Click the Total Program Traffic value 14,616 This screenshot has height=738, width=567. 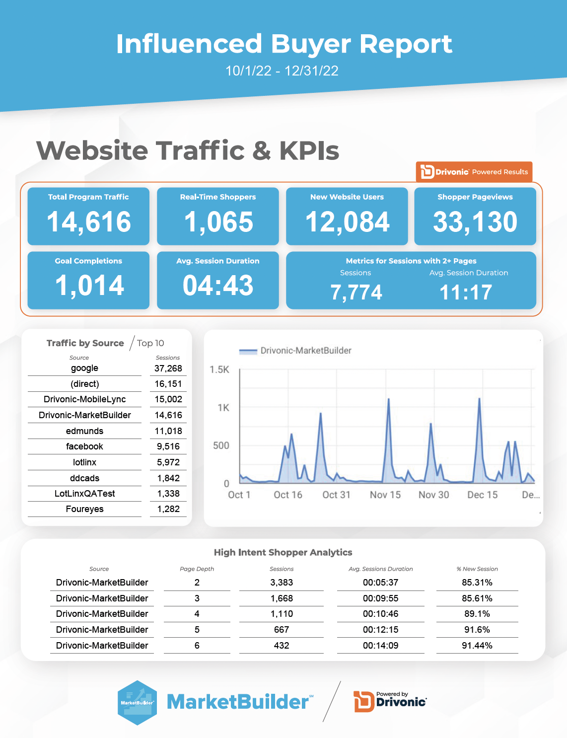point(89,222)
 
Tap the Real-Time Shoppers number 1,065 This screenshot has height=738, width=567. point(218,222)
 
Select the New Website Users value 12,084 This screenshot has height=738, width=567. point(348,222)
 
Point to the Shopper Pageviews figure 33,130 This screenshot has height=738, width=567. point(475,222)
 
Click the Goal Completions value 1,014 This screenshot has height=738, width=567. point(89,286)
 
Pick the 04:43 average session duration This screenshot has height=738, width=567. point(218,286)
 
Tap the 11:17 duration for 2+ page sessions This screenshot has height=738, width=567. point(466,293)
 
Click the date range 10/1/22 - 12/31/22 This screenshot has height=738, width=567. point(282,71)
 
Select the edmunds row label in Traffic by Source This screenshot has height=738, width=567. point(84,431)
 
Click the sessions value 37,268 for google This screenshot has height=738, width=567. point(168,369)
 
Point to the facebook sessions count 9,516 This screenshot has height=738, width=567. point(168,446)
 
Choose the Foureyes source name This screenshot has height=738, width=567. point(84,509)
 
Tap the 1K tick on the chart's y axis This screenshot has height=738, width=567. point(223,408)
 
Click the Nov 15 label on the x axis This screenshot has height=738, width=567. point(385,495)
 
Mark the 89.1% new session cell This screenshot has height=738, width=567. point(477,614)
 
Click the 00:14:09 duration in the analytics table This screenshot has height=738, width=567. point(380,646)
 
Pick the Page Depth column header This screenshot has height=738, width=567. point(197,569)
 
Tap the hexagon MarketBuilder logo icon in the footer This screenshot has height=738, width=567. point(138,702)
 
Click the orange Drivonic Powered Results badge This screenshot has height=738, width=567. point(474,172)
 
